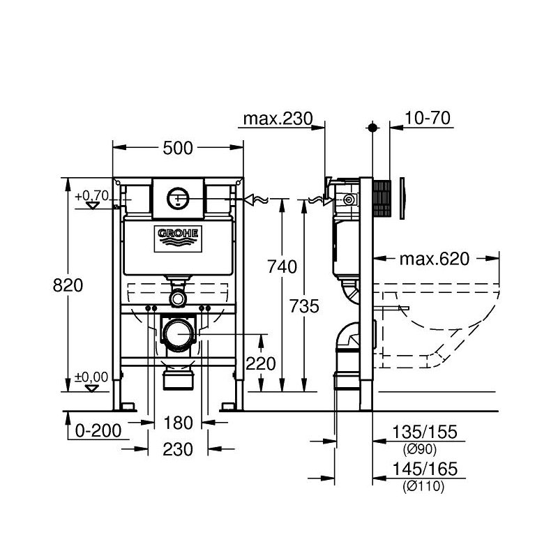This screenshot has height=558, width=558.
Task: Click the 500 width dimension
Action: click(x=178, y=147)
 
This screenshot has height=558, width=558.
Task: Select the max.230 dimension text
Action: click(x=276, y=120)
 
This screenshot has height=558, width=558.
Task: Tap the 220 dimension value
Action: click(x=262, y=363)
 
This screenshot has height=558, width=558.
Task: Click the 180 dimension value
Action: click(x=177, y=423)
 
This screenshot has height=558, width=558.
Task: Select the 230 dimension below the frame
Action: click(x=177, y=450)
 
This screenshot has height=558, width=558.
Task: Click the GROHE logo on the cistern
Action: click(x=178, y=237)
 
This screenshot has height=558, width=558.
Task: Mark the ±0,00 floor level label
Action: click(x=93, y=377)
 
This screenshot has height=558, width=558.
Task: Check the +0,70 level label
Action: click(x=93, y=196)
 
